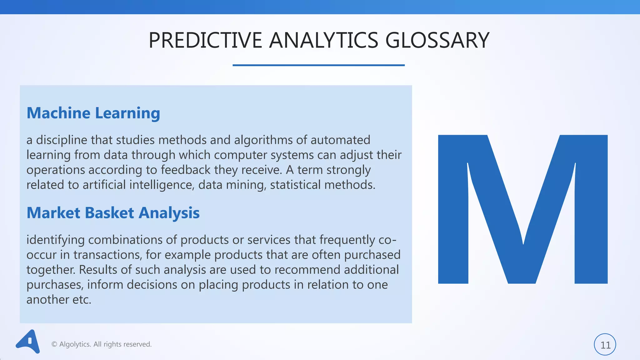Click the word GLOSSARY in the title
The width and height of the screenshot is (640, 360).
(x=437, y=40)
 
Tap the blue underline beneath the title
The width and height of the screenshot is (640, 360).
(x=318, y=65)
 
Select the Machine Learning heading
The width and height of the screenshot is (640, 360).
(x=93, y=113)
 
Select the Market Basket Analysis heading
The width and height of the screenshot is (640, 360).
(x=113, y=213)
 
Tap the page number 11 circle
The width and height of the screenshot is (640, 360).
(x=605, y=345)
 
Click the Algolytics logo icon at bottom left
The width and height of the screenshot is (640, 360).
(x=28, y=342)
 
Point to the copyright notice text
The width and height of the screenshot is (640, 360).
(x=102, y=344)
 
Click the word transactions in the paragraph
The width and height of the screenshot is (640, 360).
(x=108, y=255)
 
